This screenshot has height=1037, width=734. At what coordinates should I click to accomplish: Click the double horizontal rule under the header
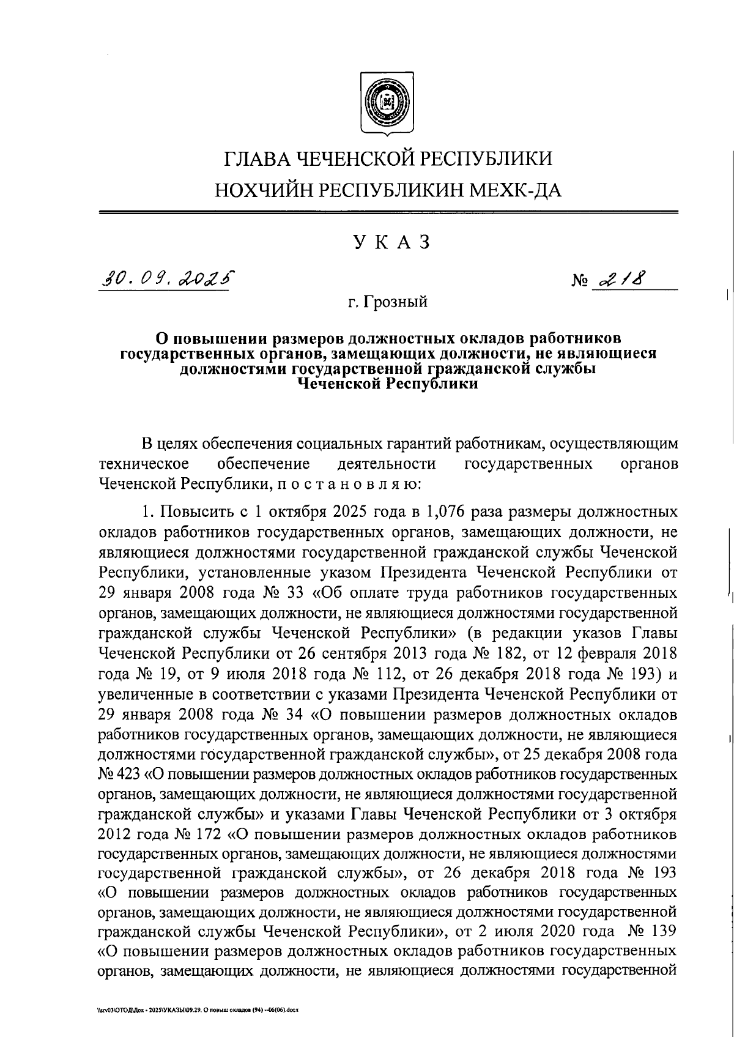click(x=388, y=212)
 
